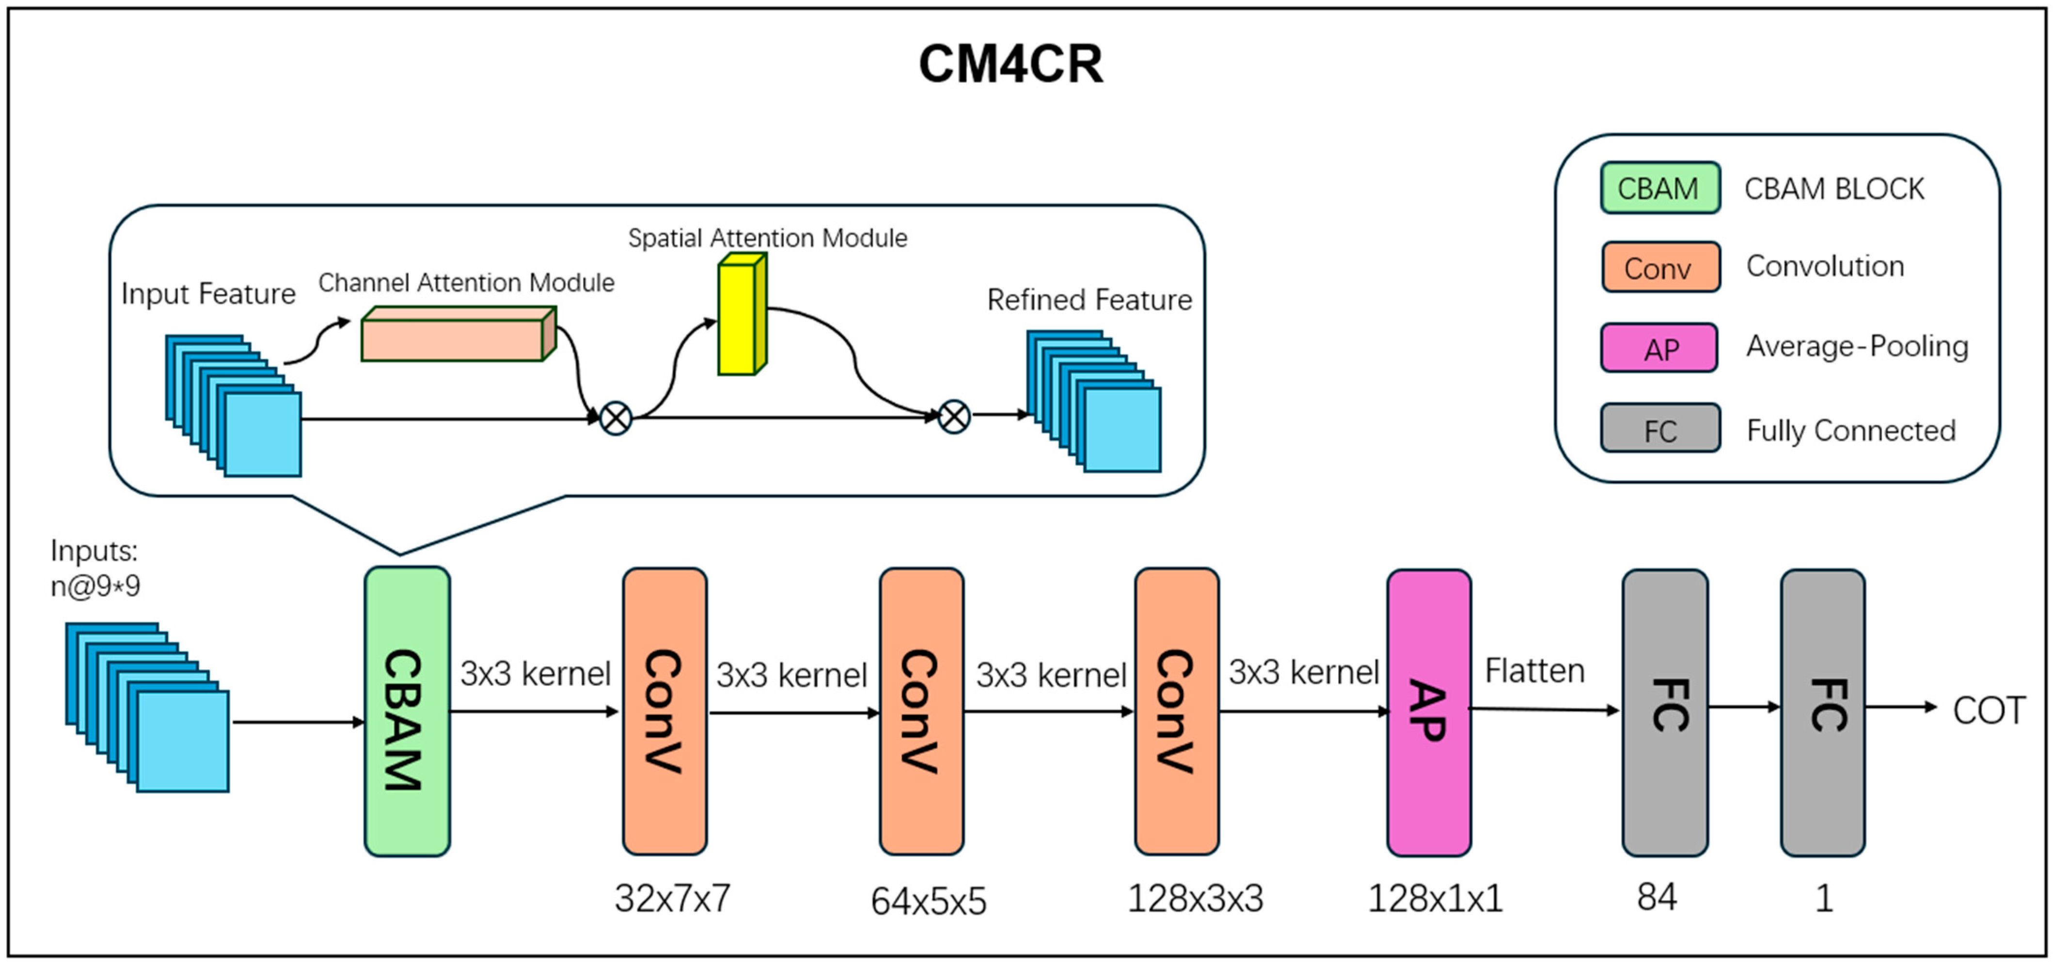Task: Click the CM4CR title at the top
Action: (1011, 64)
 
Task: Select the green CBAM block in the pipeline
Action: (407, 712)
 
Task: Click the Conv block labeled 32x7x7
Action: (664, 712)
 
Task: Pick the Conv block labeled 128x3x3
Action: (1176, 712)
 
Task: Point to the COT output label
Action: (1989, 710)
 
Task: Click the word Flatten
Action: (1534, 671)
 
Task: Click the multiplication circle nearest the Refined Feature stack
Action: (954, 416)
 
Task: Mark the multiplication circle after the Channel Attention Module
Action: (615, 418)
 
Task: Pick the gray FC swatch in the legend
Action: (1659, 429)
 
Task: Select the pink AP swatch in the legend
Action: (1659, 348)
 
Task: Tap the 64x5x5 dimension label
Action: (929, 901)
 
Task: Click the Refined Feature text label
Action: (1089, 300)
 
